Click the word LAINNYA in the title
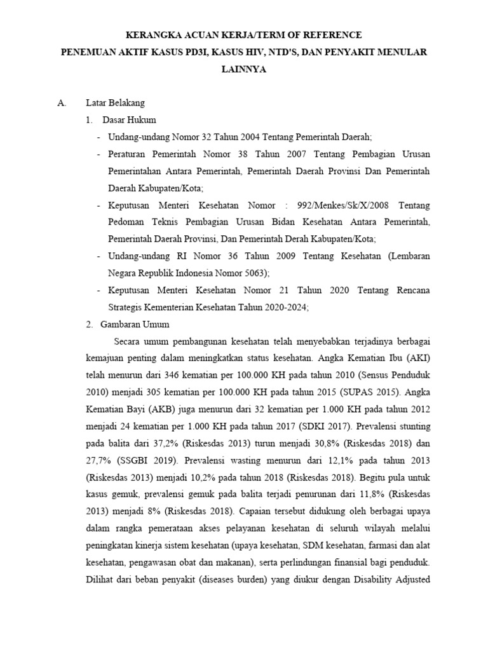pyautogui.click(x=244, y=71)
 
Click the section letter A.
pyautogui.click(x=62, y=102)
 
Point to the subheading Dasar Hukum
pyautogui.click(x=129, y=120)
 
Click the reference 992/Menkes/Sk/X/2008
pyautogui.click(x=342, y=205)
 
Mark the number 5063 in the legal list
pyautogui.click(x=254, y=273)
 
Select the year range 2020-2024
pyautogui.click(x=288, y=307)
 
